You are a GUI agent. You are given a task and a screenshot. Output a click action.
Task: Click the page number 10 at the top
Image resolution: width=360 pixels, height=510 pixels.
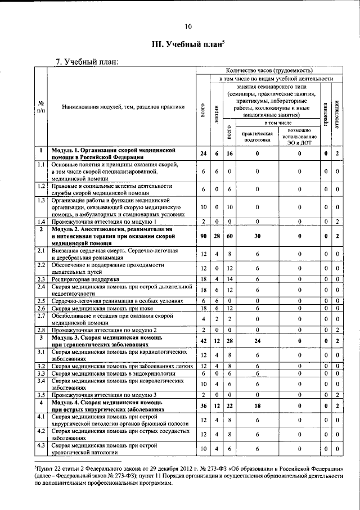[188, 26]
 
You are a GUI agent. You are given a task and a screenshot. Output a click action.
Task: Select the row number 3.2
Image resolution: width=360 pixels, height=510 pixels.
[41, 365]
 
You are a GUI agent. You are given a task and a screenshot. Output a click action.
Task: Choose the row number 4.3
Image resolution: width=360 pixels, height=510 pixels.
[41, 446]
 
